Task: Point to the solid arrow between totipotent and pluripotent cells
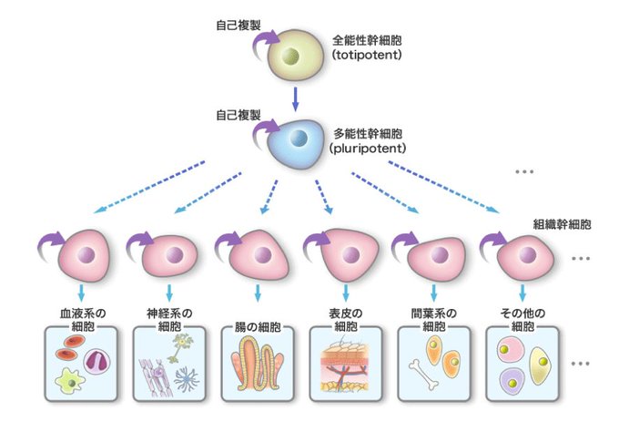[296, 96]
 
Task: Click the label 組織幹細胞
[562, 222]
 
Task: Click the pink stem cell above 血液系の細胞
[86, 256]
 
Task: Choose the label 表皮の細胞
[345, 319]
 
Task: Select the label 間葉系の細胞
[433, 319]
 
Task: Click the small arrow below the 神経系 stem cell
[171, 293]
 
